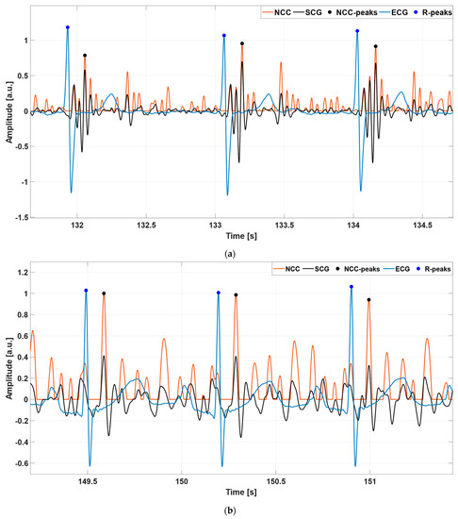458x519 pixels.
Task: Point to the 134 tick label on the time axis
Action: pyautogui.click(x=354, y=226)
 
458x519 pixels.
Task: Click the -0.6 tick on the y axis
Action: pyautogui.click(x=18, y=463)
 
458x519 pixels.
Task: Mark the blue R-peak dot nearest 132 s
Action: pyautogui.click(x=68, y=27)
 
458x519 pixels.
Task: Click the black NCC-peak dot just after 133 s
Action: pyautogui.click(x=242, y=43)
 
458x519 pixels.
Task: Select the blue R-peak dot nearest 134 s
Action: pyautogui.click(x=357, y=31)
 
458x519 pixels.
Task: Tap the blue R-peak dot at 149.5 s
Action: pyautogui.click(x=86, y=291)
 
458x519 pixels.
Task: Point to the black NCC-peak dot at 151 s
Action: pyautogui.click(x=368, y=300)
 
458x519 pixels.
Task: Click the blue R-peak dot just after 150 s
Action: pyautogui.click(x=218, y=293)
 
